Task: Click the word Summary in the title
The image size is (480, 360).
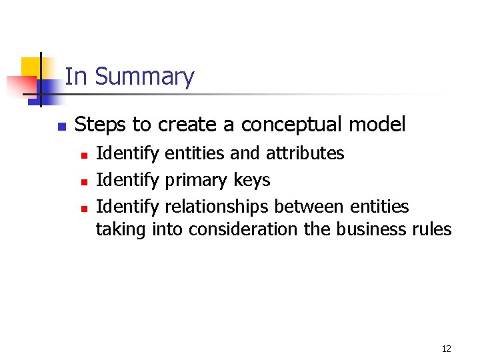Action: [144, 77]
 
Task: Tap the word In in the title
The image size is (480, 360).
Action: [76, 77]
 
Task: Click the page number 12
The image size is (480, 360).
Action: [446, 349]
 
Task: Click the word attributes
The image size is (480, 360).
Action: [305, 153]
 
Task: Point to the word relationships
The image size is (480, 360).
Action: [217, 207]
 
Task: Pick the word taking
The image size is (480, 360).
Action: [121, 230]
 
